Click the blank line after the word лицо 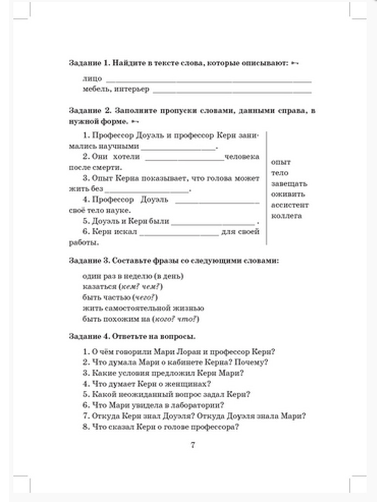point(208,81)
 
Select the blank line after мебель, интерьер point(232,92)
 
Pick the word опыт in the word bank point(281,162)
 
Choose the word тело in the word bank point(279,173)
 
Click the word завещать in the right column point(289,183)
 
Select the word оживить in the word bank point(288,194)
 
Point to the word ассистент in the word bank point(289,205)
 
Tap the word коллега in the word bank point(286,216)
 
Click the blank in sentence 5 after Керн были point(213,224)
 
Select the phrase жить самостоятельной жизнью point(143,308)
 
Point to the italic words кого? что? point(176,319)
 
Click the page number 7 point(193,445)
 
